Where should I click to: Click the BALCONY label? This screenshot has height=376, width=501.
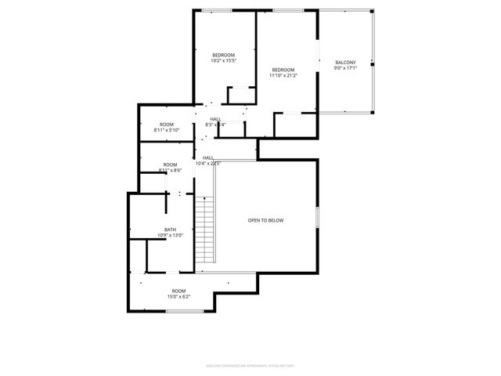345,63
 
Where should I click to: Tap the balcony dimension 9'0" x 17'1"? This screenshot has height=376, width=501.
345,68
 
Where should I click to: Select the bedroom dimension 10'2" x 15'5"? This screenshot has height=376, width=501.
223,60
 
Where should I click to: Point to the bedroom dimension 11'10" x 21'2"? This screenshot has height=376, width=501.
283,75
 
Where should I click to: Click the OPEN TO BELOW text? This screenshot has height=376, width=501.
265,220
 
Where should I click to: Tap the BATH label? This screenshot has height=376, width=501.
159,230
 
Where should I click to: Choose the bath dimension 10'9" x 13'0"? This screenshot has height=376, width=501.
159,235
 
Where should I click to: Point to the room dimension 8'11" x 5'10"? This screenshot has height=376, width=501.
167,130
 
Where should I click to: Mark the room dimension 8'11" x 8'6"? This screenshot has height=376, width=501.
170,170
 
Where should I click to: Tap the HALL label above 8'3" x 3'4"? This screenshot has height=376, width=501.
215,119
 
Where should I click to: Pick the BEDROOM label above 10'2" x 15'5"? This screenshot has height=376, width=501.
223,55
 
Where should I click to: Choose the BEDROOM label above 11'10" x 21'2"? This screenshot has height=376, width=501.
283,70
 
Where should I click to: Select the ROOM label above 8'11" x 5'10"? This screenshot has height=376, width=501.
167,125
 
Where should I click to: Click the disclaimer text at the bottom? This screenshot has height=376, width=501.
250,364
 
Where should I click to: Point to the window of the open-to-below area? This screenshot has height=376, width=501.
318,217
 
